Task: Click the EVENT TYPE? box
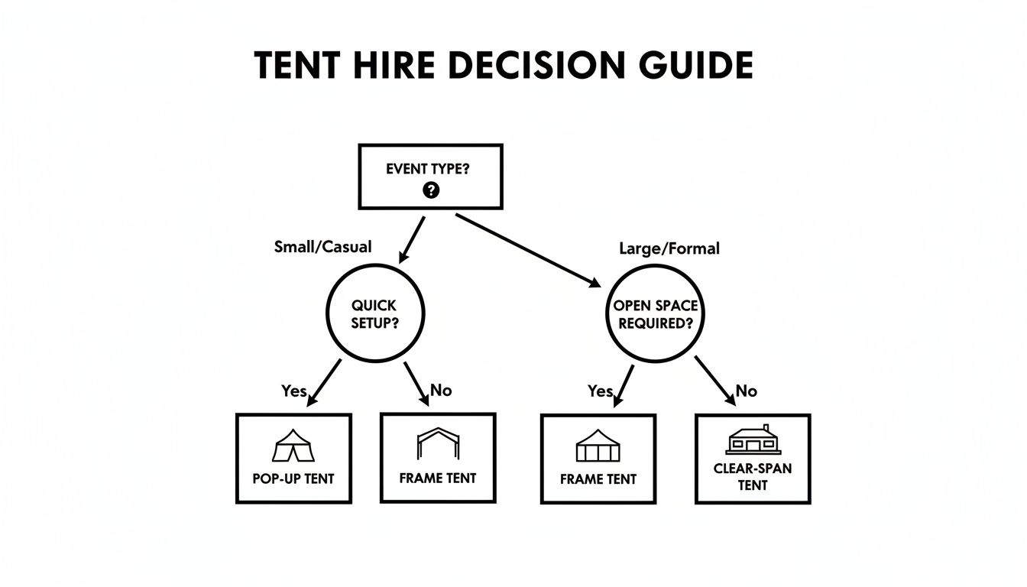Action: [430, 177]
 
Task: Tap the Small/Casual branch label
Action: [322, 247]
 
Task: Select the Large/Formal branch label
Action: [669, 248]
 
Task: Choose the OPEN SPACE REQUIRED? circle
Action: [655, 314]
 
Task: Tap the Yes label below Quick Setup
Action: [294, 391]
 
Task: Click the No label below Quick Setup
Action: [441, 391]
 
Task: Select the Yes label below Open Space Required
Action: [601, 391]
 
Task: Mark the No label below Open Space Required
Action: [746, 391]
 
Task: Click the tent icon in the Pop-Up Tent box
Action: [293, 446]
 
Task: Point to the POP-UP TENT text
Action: [293, 479]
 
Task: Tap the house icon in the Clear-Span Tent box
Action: [753, 440]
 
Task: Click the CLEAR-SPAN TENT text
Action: [753, 477]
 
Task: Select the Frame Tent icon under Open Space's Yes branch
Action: [598, 446]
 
